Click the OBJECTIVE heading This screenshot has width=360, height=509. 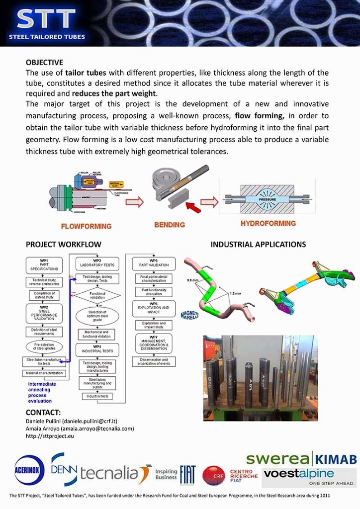[x=44, y=63]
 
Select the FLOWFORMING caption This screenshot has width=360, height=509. [x=86, y=226]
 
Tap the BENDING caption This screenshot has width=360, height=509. [x=169, y=225]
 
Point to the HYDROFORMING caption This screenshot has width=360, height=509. [x=268, y=224]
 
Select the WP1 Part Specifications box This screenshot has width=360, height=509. [x=44, y=265]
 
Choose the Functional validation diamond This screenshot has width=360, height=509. [x=97, y=296]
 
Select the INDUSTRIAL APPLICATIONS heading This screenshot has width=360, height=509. [x=258, y=245]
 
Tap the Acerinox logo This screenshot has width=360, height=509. [x=30, y=470]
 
